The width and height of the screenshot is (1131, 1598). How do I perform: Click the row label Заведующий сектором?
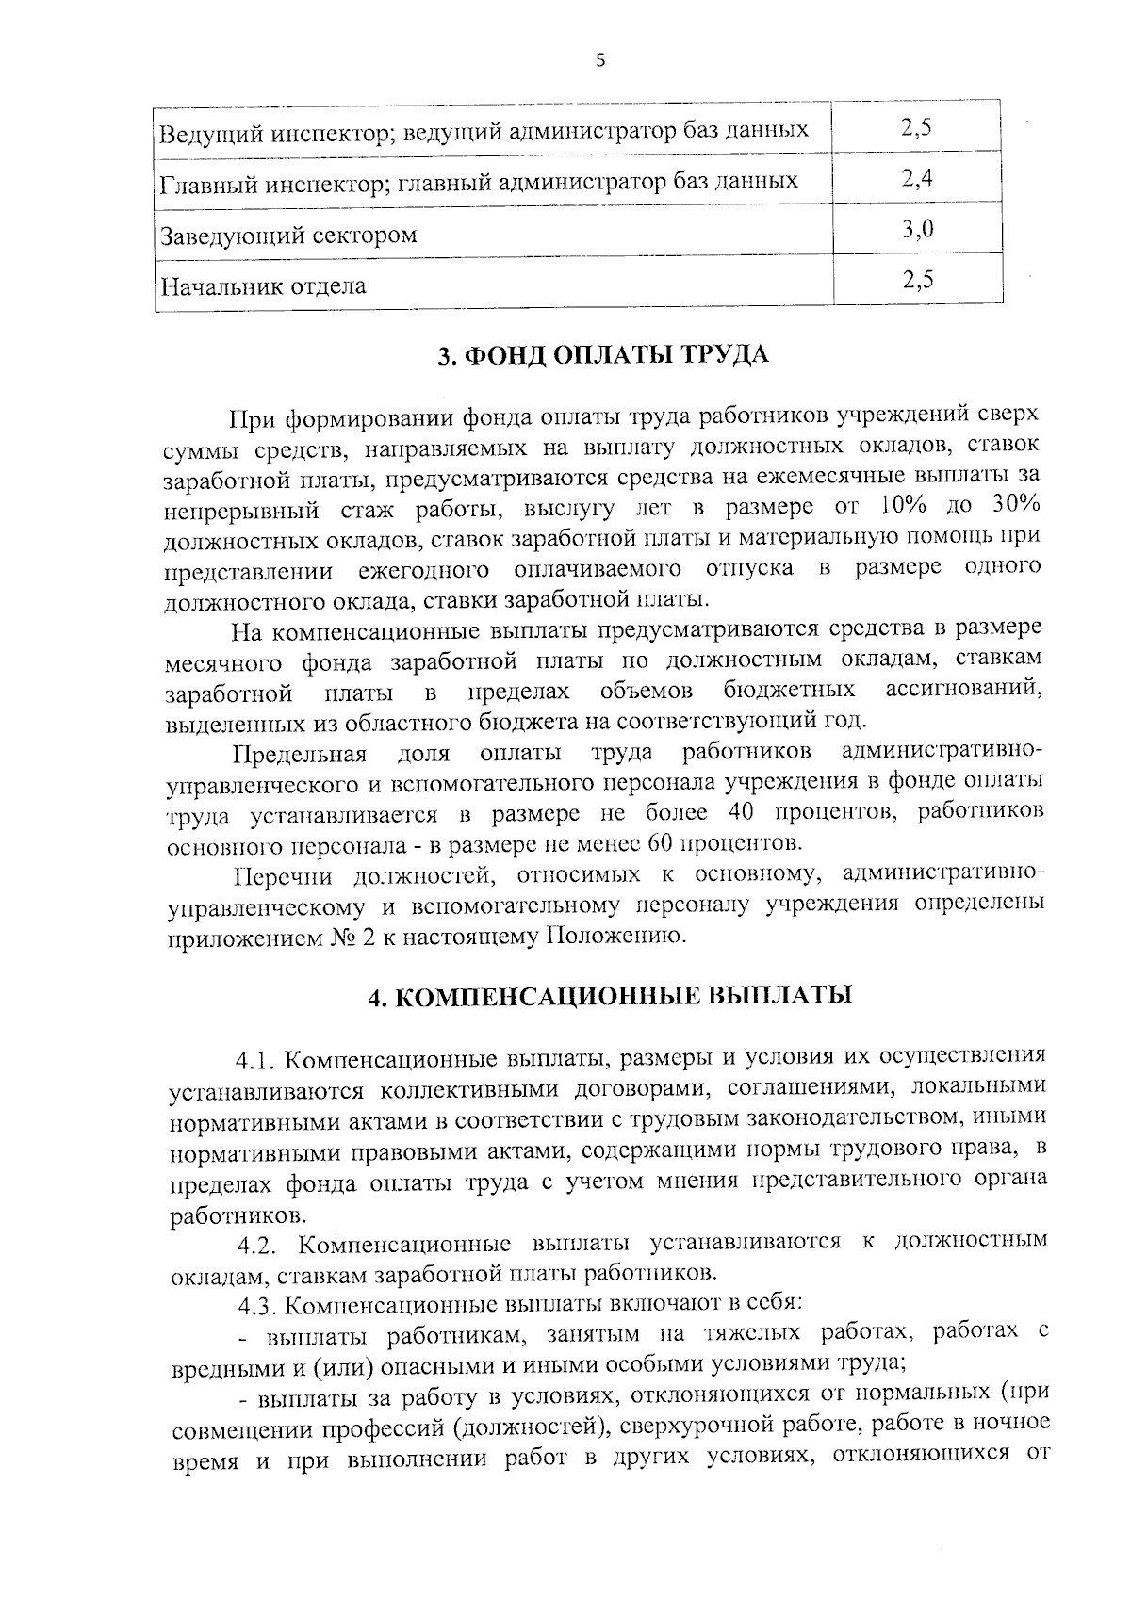288,235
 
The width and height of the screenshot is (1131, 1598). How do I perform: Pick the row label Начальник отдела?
263,285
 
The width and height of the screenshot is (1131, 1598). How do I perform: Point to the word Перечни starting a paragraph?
280,877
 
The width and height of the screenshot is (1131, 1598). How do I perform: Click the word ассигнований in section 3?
964,690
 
